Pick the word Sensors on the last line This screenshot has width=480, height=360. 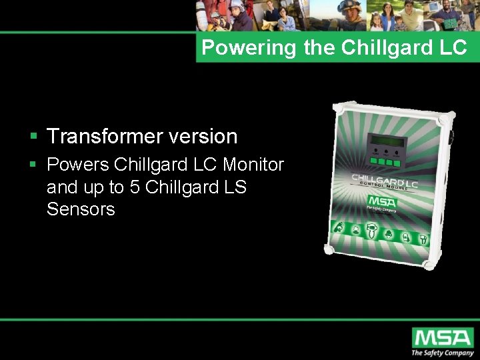click(x=81, y=209)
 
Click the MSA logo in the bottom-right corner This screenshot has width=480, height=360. click(x=442, y=337)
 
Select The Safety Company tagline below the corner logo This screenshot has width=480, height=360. click(x=442, y=353)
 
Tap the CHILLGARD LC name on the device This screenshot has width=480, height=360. click(x=385, y=180)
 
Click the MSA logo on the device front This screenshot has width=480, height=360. click(x=382, y=201)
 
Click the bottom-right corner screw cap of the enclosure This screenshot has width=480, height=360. click(x=429, y=265)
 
